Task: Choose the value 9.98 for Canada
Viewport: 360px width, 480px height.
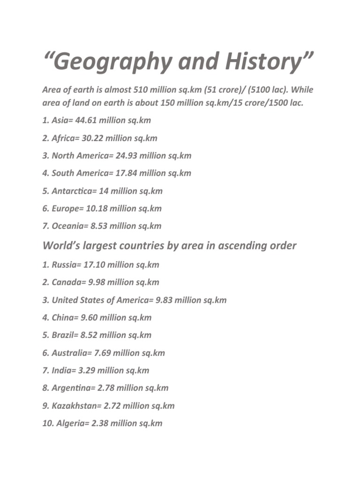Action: coord(96,282)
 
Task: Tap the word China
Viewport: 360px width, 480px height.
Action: coord(64,317)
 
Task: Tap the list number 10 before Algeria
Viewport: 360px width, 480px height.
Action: coord(47,423)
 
